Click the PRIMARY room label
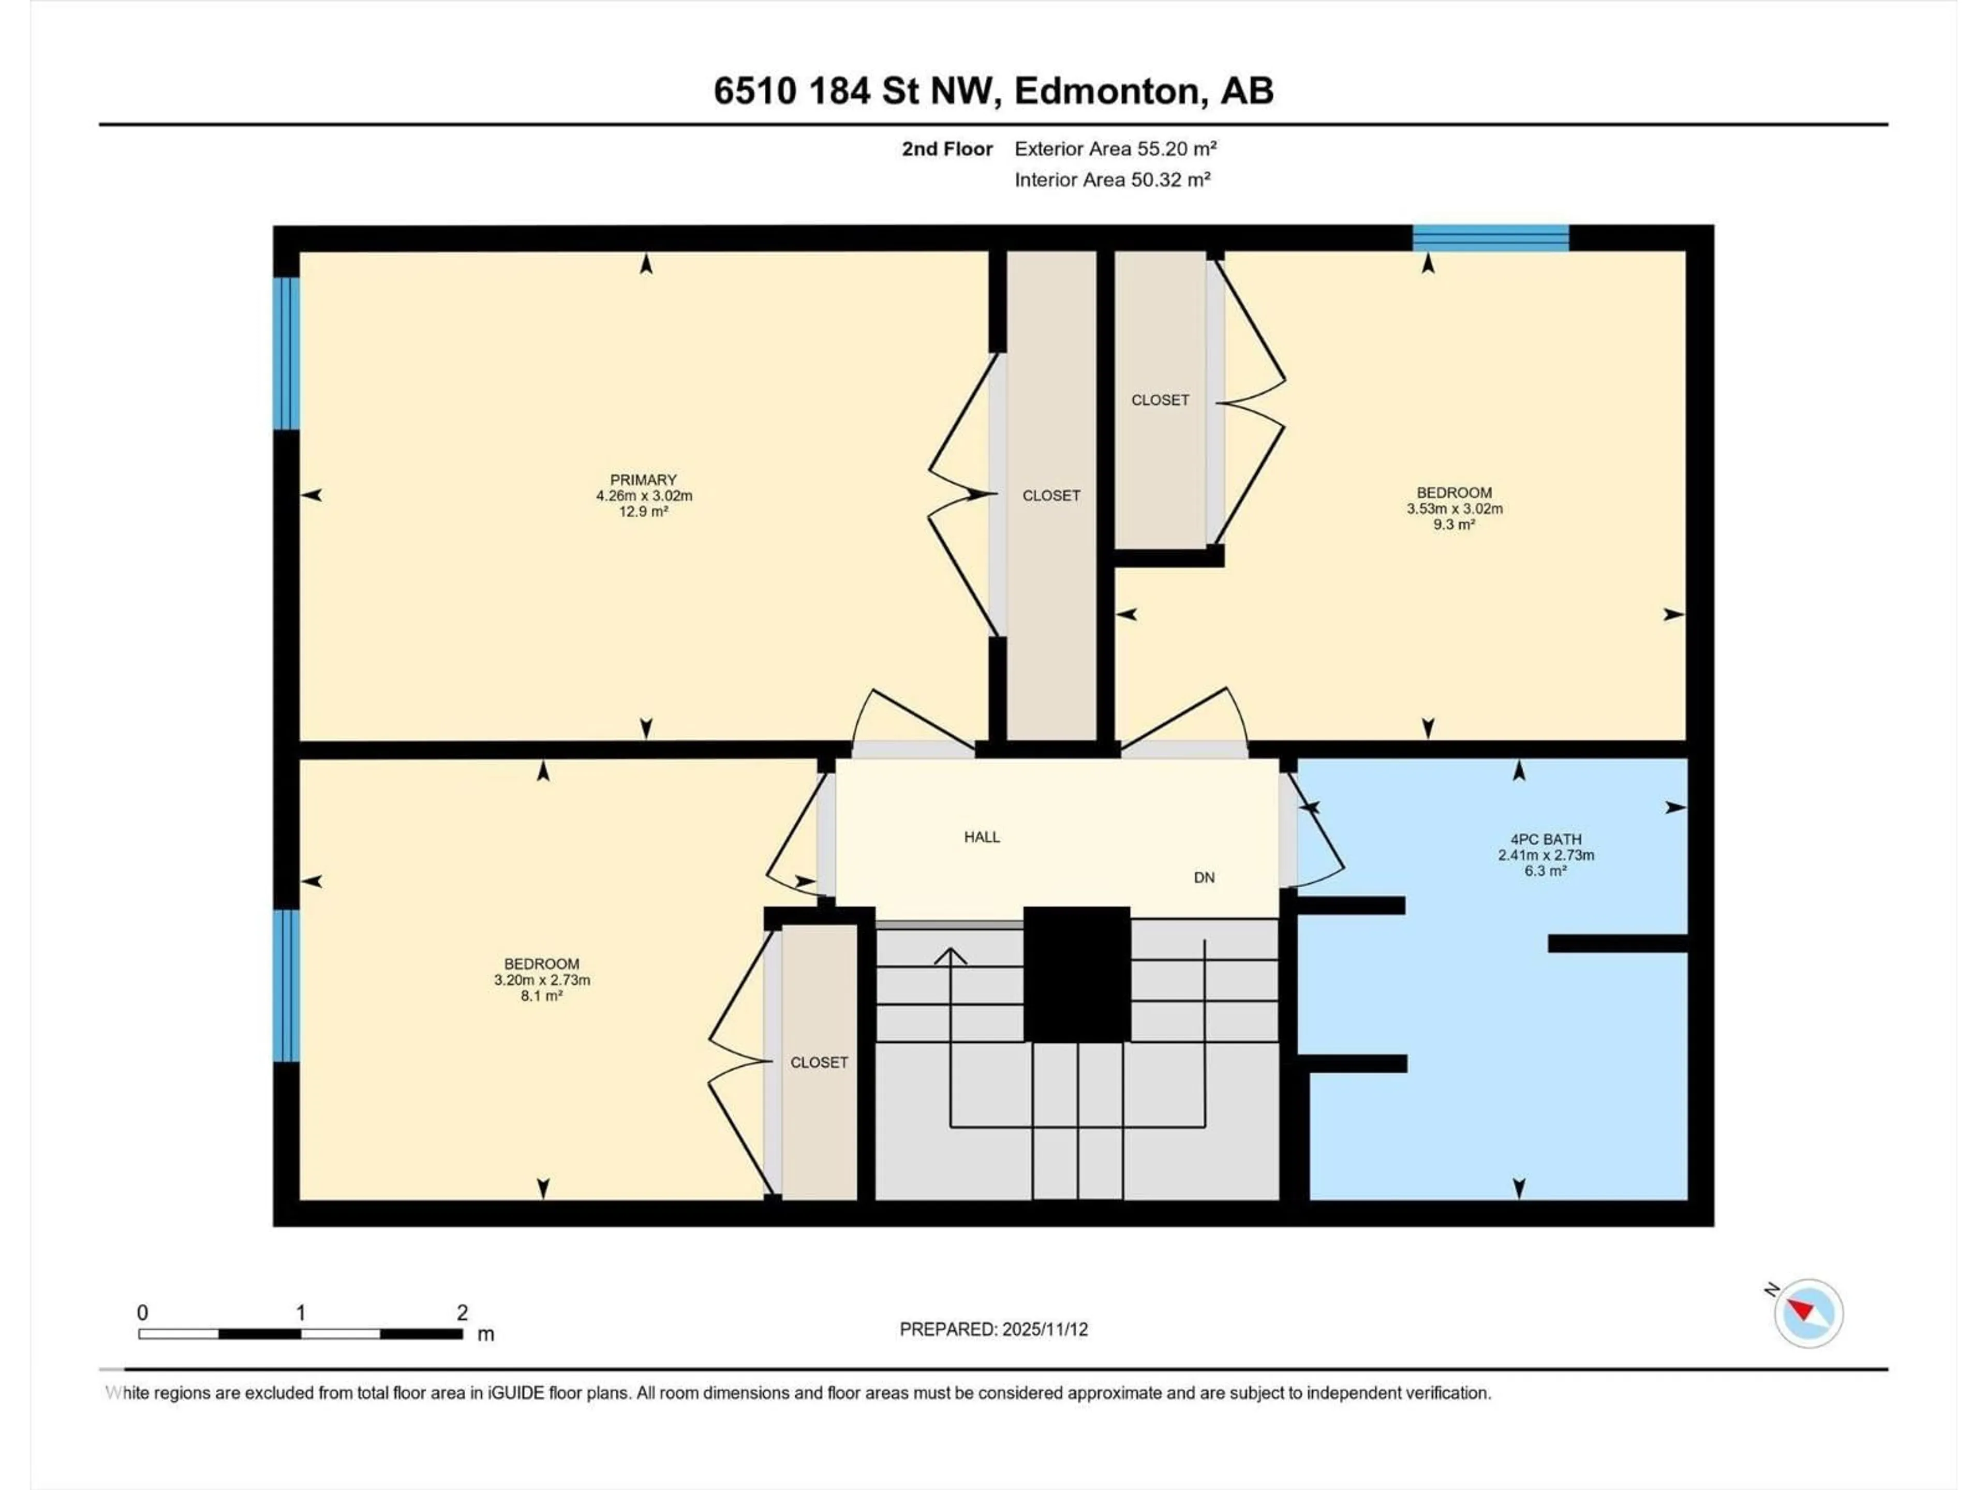click(643, 480)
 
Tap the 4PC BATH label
click(1545, 839)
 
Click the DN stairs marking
click(1204, 877)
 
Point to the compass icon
click(1808, 1313)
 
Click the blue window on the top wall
click(1490, 238)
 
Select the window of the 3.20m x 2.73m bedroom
click(286, 985)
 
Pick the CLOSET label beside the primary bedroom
click(1051, 496)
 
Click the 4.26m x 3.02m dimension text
click(643, 496)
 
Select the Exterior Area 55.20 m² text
click(1116, 149)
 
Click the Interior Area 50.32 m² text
click(1112, 180)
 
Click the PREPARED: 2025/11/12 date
click(993, 1329)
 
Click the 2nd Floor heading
click(947, 149)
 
